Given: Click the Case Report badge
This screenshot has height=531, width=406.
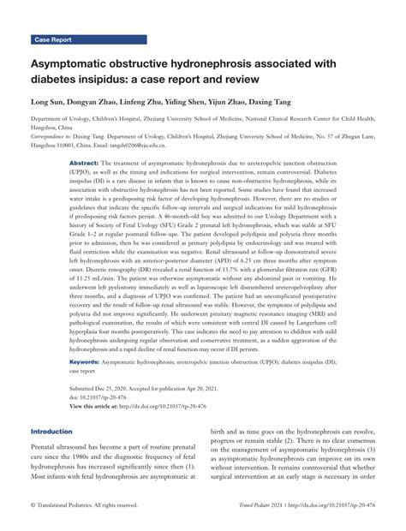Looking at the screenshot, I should [x=54, y=39].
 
